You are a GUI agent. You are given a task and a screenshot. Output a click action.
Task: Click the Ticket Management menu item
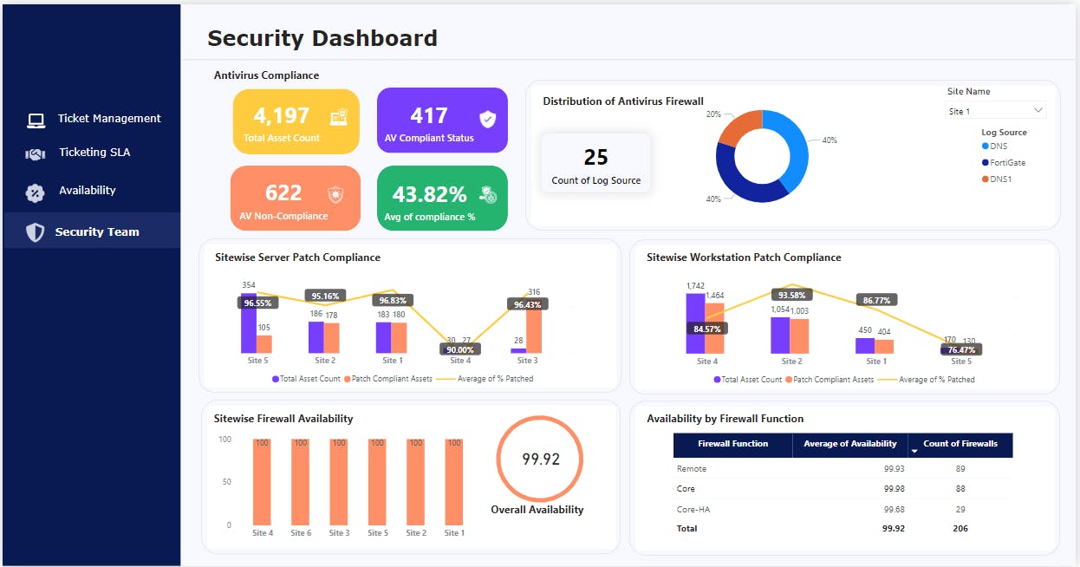[x=108, y=119]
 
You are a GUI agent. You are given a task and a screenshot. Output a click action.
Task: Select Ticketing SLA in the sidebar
[x=94, y=153]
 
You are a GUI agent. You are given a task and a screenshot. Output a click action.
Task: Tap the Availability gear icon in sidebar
[x=35, y=192]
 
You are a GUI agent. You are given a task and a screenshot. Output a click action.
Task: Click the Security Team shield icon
[x=35, y=232]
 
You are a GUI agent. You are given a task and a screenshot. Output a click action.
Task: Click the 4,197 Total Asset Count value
[x=282, y=116]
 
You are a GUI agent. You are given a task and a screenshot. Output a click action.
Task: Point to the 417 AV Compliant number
[x=428, y=116]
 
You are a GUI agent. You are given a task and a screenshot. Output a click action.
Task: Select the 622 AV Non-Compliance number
[x=283, y=192]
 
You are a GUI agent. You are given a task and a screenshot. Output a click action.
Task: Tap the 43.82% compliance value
[x=429, y=194]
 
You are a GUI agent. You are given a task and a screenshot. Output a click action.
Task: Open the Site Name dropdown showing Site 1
[x=995, y=111]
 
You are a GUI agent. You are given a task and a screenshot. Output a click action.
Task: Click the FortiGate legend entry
[x=1007, y=162]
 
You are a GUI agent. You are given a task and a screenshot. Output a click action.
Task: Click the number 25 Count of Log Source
[x=595, y=158]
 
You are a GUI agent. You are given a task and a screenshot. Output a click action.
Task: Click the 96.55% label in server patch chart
[x=257, y=303]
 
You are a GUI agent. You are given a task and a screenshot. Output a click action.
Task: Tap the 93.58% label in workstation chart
[x=790, y=295]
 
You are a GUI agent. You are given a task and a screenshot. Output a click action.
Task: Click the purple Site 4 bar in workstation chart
[x=694, y=323]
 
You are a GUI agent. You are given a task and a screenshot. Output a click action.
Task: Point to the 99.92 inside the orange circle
[x=539, y=459]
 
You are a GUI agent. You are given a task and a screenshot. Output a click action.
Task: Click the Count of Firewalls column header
[x=960, y=445]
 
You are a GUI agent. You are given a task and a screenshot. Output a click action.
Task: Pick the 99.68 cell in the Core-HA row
[x=893, y=509]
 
